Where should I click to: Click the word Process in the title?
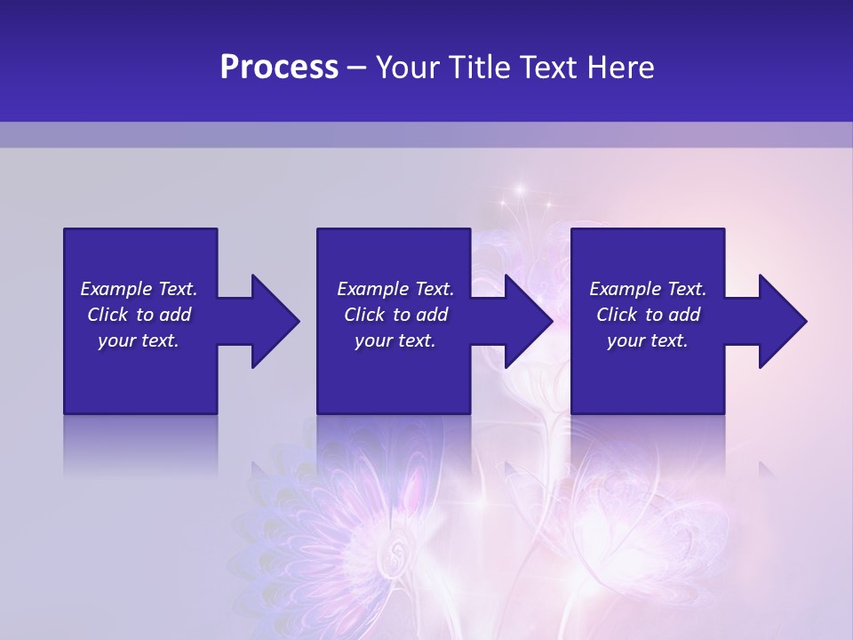coord(279,68)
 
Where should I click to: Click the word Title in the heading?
coord(474,68)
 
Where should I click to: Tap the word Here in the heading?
coord(620,68)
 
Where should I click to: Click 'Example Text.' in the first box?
coord(139,289)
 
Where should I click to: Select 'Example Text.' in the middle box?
coord(395,289)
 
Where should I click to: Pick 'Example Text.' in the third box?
coord(648,289)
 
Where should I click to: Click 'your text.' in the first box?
coord(139,340)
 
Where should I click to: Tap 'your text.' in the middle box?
coord(395,340)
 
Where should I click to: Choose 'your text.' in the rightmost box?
coord(648,340)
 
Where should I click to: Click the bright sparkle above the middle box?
coord(517,190)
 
